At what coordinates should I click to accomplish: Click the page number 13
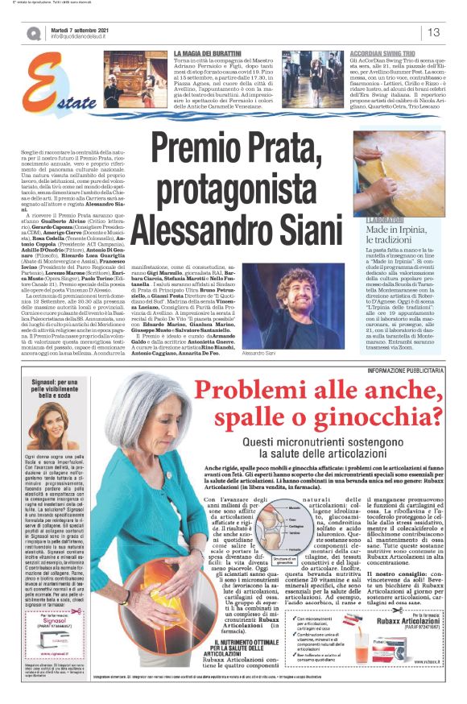coord(432,32)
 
